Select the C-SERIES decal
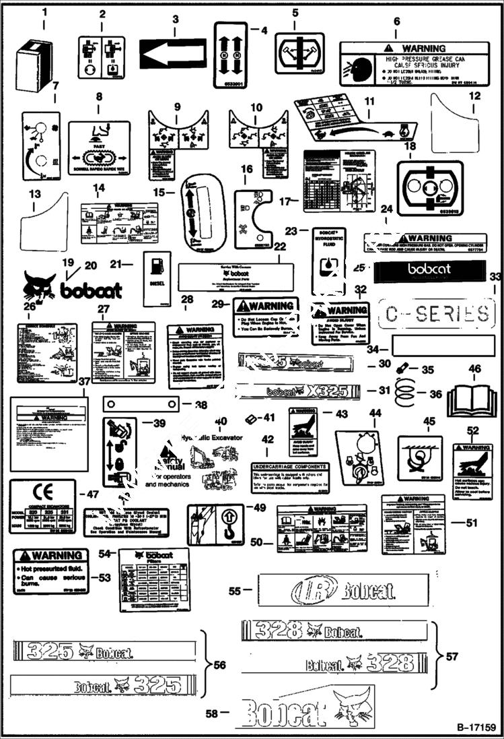pos(437,313)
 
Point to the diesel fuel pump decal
pos(157,279)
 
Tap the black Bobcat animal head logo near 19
pos(39,286)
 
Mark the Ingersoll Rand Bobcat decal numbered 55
pos(343,591)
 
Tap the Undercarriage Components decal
pos(290,478)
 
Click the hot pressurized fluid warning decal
pos(51,571)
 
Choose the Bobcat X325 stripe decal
pos(303,391)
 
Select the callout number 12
pos(476,96)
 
